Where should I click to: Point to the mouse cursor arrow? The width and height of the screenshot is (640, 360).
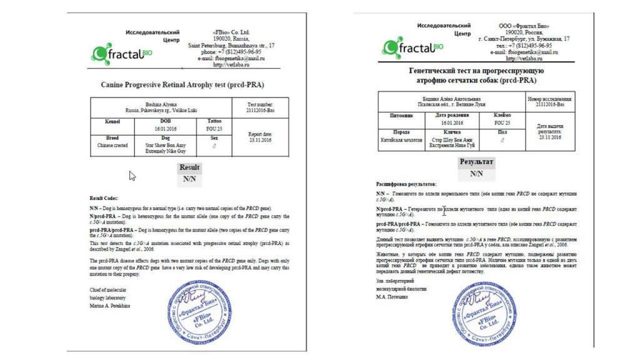pyautogui.click(x=132, y=176)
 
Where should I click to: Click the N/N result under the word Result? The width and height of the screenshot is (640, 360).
pyautogui.click(x=189, y=179)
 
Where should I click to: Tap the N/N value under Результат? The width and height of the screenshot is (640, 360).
pyautogui.click(x=476, y=174)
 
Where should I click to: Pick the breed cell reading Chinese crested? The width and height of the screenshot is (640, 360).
pyautogui.click(x=112, y=145)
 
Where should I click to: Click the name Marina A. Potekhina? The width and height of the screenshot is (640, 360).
pyautogui.click(x=111, y=306)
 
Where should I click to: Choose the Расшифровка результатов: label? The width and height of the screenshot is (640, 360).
pyautogui.click(x=406, y=185)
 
